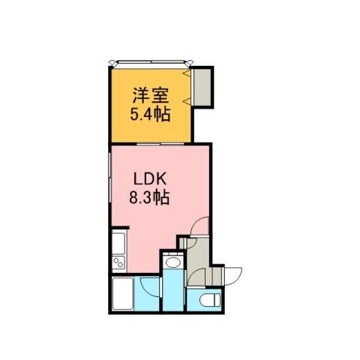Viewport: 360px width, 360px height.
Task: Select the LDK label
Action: point(149,181)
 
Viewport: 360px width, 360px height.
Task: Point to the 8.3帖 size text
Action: point(149,199)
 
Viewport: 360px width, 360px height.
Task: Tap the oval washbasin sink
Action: point(171,262)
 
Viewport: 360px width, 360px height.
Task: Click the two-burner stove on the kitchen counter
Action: point(118,263)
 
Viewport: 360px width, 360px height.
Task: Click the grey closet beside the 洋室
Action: point(203,87)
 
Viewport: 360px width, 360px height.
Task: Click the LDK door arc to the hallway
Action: point(198,226)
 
